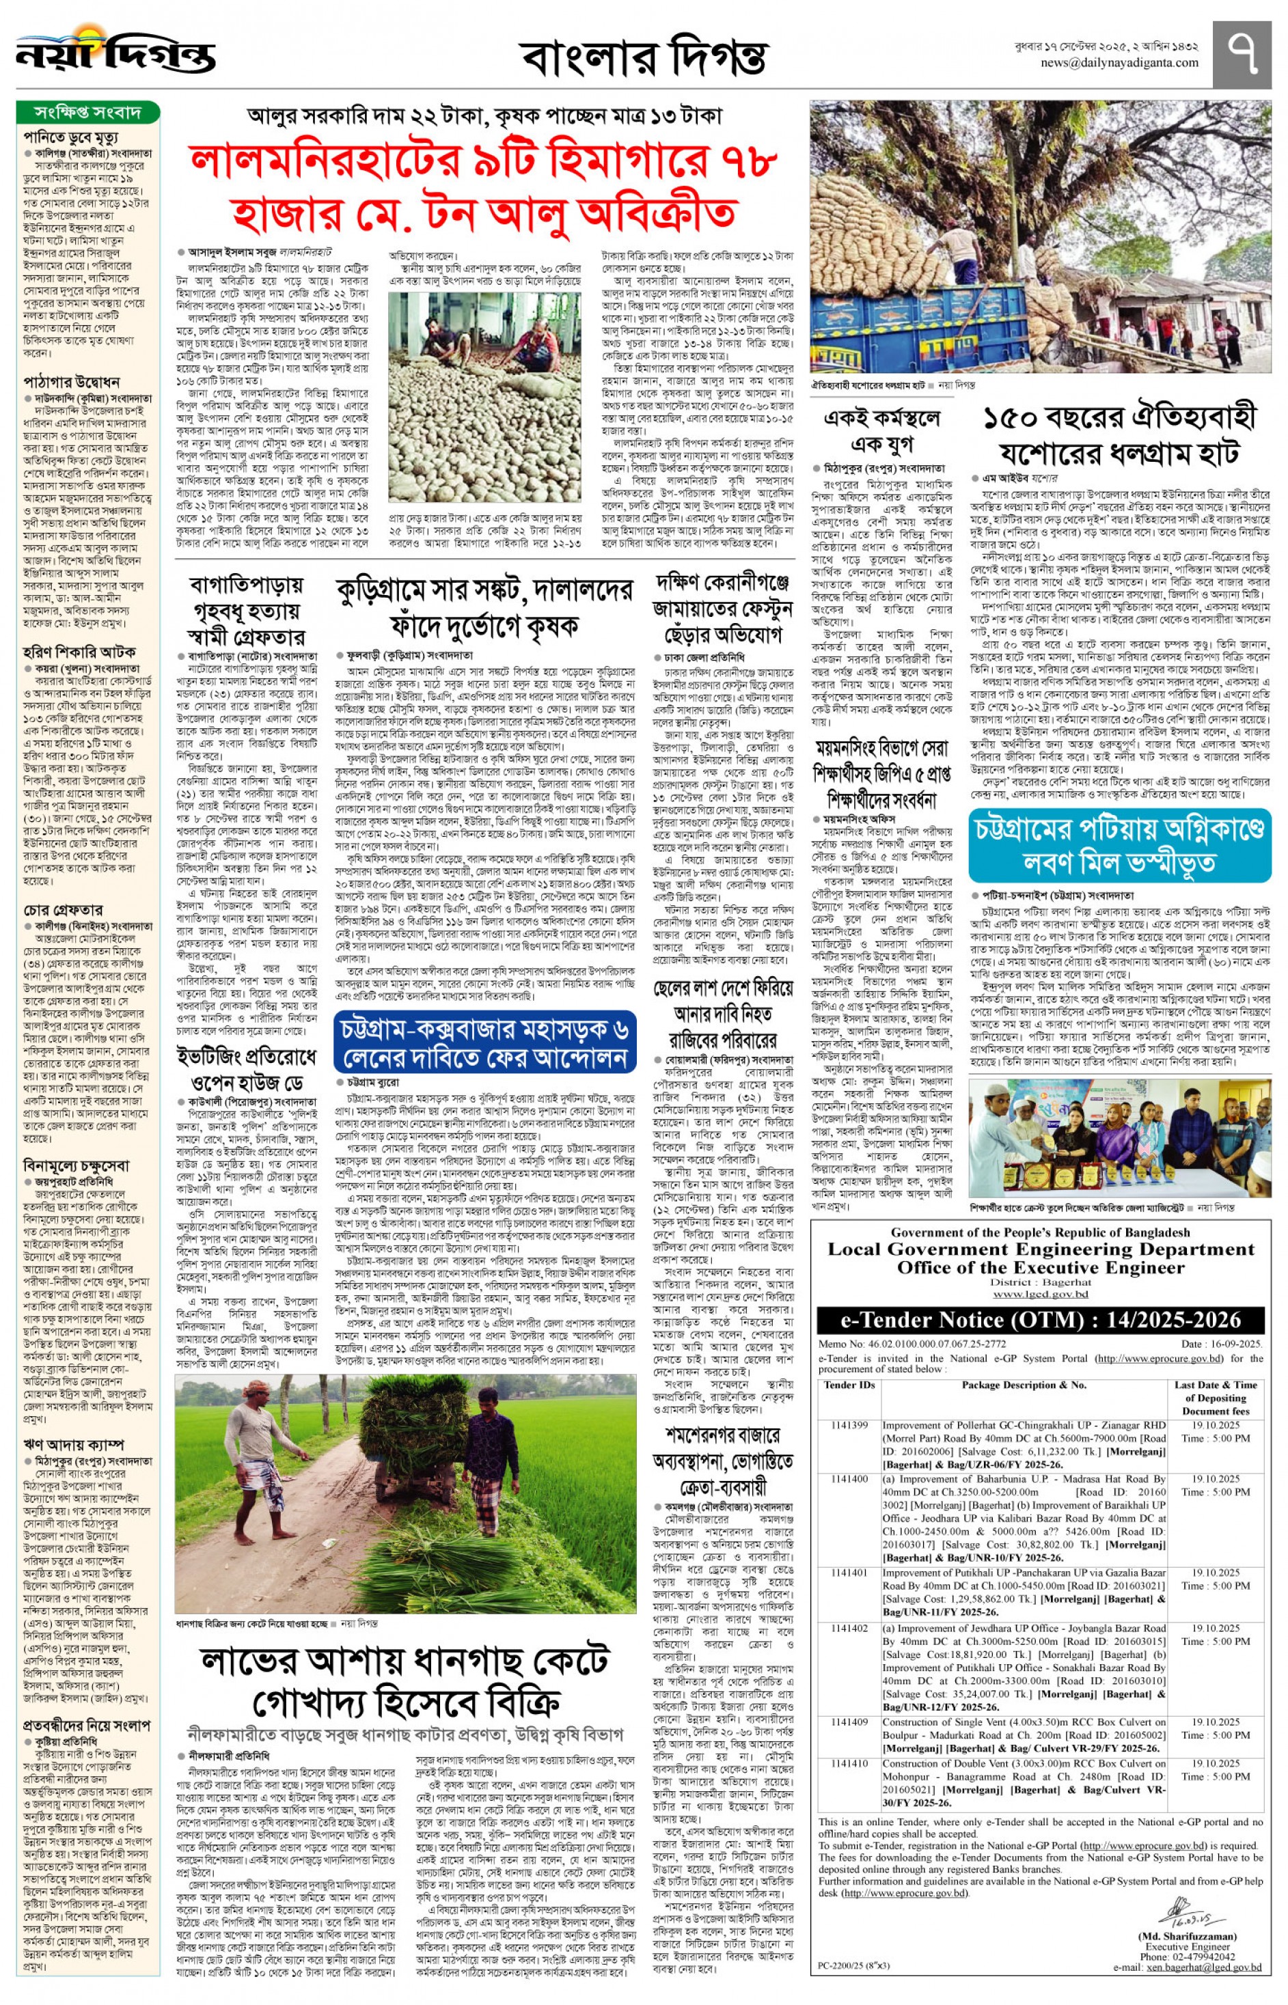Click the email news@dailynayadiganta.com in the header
1119,63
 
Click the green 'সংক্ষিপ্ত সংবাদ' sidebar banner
88,112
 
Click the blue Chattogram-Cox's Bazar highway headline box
485,1042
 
